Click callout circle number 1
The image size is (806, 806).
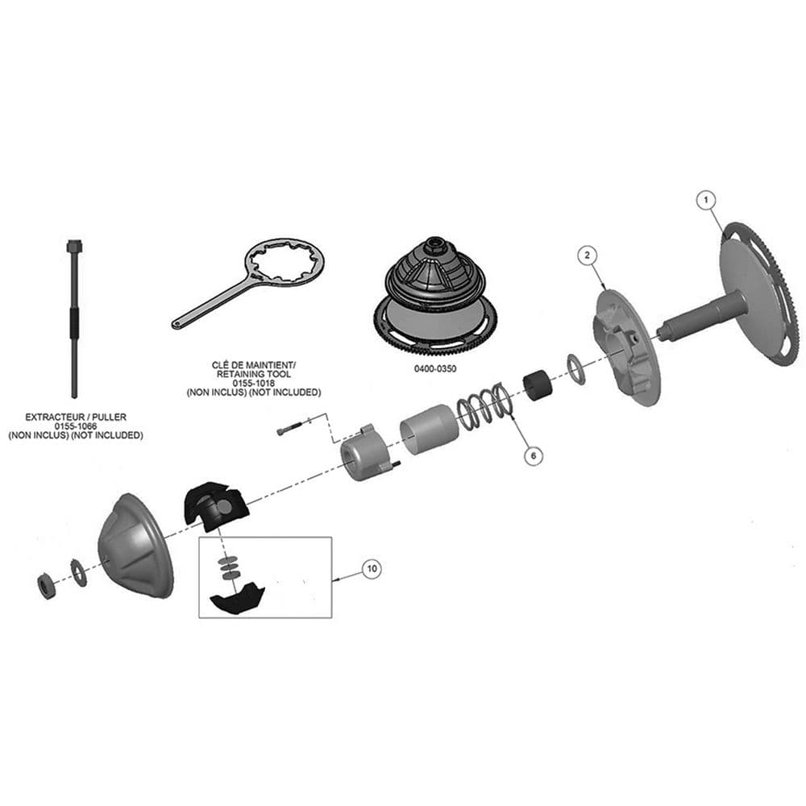[x=706, y=200]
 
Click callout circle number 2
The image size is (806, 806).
[x=588, y=255]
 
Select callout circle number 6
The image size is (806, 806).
[x=533, y=455]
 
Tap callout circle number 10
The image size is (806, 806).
[x=372, y=568]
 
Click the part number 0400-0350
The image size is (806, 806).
[x=435, y=368]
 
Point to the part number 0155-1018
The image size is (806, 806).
[x=253, y=384]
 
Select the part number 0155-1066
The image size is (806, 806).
[x=76, y=426]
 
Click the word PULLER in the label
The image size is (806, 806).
[x=110, y=417]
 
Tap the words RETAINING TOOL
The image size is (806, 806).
[x=253, y=374]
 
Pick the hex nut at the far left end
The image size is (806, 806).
[x=47, y=586]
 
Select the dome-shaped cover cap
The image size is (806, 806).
[x=135, y=546]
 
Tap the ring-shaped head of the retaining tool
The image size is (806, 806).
[x=285, y=264]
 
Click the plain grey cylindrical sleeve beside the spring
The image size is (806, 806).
[x=430, y=430]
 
